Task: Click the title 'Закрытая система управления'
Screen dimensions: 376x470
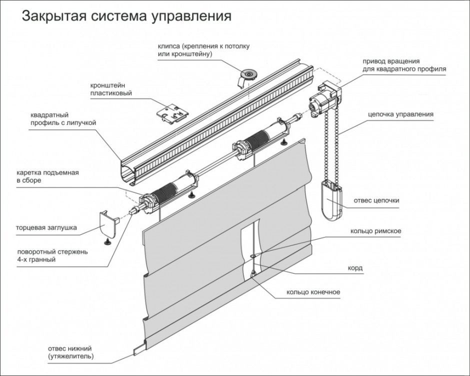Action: tap(125, 16)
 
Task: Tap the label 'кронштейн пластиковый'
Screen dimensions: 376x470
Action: tap(111, 89)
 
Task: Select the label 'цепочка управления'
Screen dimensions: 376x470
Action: tap(400, 114)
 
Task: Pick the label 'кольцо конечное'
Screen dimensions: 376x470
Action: tap(313, 292)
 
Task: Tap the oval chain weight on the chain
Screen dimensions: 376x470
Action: tap(330, 200)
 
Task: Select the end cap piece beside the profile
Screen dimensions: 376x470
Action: tap(107, 224)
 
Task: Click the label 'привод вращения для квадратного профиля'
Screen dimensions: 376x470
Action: tap(404, 64)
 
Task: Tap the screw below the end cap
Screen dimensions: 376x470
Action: tap(107, 242)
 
